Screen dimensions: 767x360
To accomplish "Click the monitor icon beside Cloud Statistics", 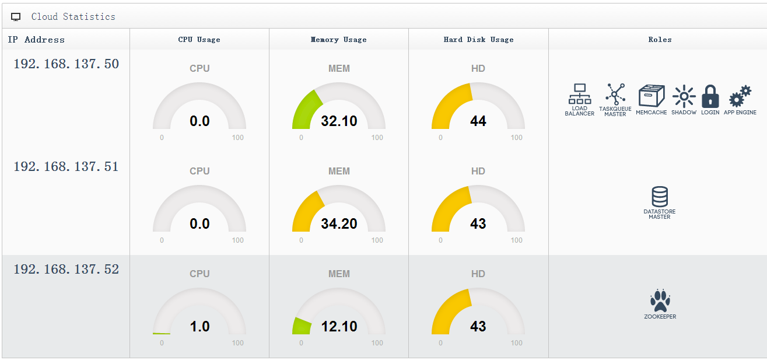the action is click(16, 17).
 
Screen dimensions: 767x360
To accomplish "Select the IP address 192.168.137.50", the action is click(66, 64).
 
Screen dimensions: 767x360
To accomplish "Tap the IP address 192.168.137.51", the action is click(66, 167).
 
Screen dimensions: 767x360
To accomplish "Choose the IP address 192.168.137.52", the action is click(66, 269).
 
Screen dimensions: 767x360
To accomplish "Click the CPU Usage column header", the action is click(199, 40).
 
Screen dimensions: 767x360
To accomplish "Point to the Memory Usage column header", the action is click(339, 40).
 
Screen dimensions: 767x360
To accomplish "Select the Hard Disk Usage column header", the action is click(478, 40).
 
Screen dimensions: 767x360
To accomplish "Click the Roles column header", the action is click(660, 40).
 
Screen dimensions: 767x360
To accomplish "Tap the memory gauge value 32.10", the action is click(339, 121).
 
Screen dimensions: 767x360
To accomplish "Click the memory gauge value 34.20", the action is click(339, 223).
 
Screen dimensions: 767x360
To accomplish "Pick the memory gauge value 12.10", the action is click(339, 326).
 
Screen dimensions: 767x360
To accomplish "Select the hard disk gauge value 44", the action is click(478, 121).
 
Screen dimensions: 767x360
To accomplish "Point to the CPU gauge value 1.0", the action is click(199, 326).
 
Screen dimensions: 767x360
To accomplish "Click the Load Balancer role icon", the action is click(580, 94).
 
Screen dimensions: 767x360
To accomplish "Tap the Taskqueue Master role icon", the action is click(615, 94).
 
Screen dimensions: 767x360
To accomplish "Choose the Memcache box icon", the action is click(652, 96).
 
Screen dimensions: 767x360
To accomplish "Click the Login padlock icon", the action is click(710, 96).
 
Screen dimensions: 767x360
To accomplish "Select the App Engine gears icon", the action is click(740, 96).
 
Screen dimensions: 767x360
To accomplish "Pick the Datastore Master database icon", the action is click(660, 197).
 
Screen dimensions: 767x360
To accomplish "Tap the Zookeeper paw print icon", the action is click(660, 300).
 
